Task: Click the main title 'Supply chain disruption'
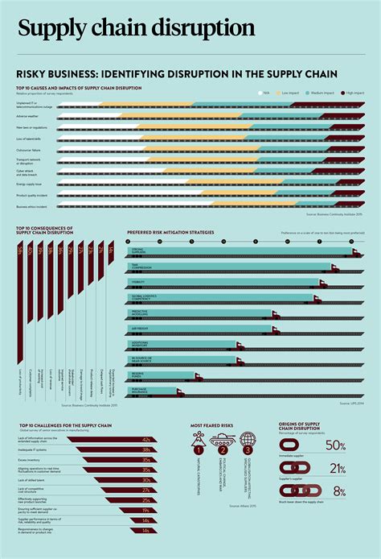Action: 137,29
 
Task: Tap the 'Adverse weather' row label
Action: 30,116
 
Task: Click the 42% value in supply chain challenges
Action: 146,441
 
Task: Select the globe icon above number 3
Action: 247,441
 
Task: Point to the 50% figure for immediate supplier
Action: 336,446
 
